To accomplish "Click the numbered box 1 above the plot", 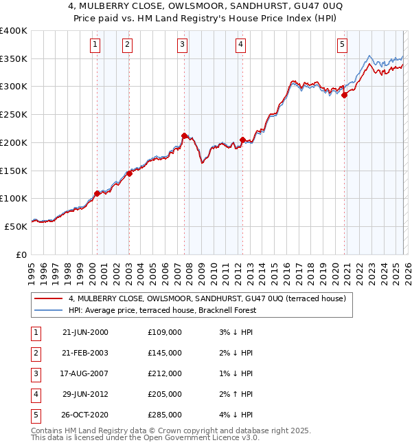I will (94, 45).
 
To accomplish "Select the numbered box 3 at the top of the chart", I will (182, 45).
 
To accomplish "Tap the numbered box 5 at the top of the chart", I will (342, 45).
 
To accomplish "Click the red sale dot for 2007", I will (184, 135).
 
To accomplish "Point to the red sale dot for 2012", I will (242, 140).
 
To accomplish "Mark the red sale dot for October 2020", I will (344, 96).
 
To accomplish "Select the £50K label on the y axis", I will (15, 226).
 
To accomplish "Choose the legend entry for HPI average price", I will (162, 310).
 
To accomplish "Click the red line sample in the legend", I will (49, 298).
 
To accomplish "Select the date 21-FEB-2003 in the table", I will (85, 353).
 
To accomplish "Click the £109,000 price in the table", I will (165, 332).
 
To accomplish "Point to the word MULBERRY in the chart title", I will (117, 7).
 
